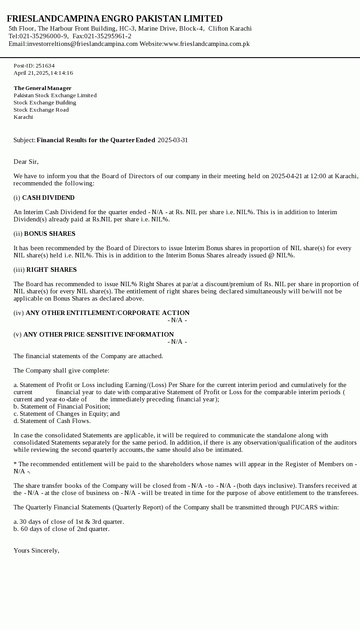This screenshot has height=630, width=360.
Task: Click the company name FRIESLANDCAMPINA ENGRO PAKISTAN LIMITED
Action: coord(115,19)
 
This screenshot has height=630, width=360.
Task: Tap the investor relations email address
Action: coord(82,44)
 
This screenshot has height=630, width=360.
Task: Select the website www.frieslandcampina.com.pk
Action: coord(207,44)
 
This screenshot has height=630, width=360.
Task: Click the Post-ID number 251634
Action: coord(45,66)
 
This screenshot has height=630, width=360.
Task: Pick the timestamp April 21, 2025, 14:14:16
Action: coord(43,73)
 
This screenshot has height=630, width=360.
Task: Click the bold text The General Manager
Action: coord(42,88)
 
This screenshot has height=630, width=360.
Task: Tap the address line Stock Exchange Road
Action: coord(41,110)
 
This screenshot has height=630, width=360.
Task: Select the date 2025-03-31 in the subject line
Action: coord(173,140)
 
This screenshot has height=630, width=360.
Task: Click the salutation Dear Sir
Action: coord(26,162)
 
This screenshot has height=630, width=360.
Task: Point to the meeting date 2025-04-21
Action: coord(287,176)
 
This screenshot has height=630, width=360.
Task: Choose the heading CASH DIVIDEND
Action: coord(48,198)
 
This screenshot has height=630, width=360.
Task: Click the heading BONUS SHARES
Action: coord(49,234)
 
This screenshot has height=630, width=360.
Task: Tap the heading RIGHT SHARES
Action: coord(51,270)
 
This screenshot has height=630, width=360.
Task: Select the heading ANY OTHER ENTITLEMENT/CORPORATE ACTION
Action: coord(108,313)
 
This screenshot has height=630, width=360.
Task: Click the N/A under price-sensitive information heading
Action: coord(177,342)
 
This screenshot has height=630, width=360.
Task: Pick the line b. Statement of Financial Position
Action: coord(62,406)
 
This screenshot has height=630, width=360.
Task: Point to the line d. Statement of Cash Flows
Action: coord(52,421)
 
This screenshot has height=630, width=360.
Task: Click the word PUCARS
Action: coord(305,507)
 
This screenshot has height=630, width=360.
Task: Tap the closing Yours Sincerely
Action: coord(36,550)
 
